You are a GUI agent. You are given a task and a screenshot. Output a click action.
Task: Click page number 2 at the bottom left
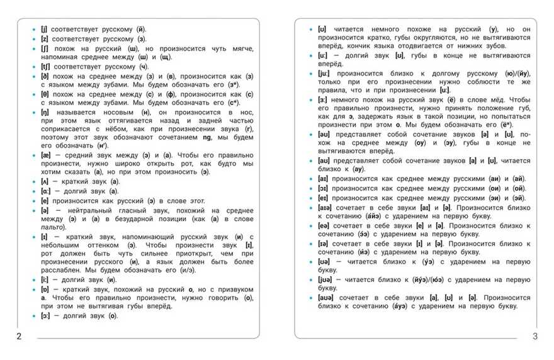[x=19, y=337]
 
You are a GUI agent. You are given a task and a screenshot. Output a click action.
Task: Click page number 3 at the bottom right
[x=535, y=337]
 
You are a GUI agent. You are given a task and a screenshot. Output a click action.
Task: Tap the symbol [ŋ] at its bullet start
[x=44, y=111]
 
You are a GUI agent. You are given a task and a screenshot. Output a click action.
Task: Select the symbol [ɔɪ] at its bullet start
[x=322, y=188]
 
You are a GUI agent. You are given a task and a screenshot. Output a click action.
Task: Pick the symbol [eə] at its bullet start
[x=324, y=225]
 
